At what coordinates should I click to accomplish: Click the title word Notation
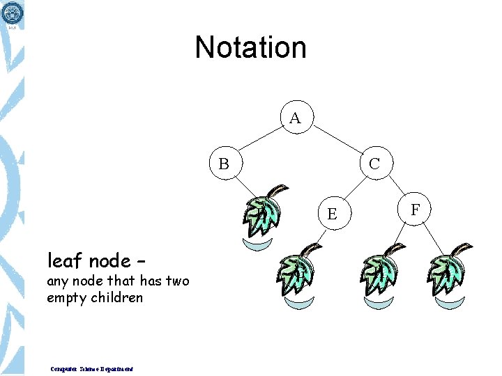pyautogui.click(x=250, y=47)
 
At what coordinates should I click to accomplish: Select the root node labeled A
pyautogui.click(x=296, y=118)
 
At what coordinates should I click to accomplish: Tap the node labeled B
pyautogui.click(x=224, y=164)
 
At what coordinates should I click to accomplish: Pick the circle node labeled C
pyautogui.click(x=374, y=164)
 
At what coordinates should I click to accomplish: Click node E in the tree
pyautogui.click(x=332, y=213)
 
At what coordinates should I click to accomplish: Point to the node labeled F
pyautogui.click(x=416, y=209)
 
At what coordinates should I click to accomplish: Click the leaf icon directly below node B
pyautogui.click(x=264, y=214)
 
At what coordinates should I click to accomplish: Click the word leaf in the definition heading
pyautogui.click(x=63, y=261)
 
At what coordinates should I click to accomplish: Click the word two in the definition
pyautogui.click(x=174, y=281)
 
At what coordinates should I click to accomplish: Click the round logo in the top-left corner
pyautogui.click(x=12, y=13)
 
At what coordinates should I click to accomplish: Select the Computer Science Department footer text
pyautogui.click(x=92, y=369)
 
